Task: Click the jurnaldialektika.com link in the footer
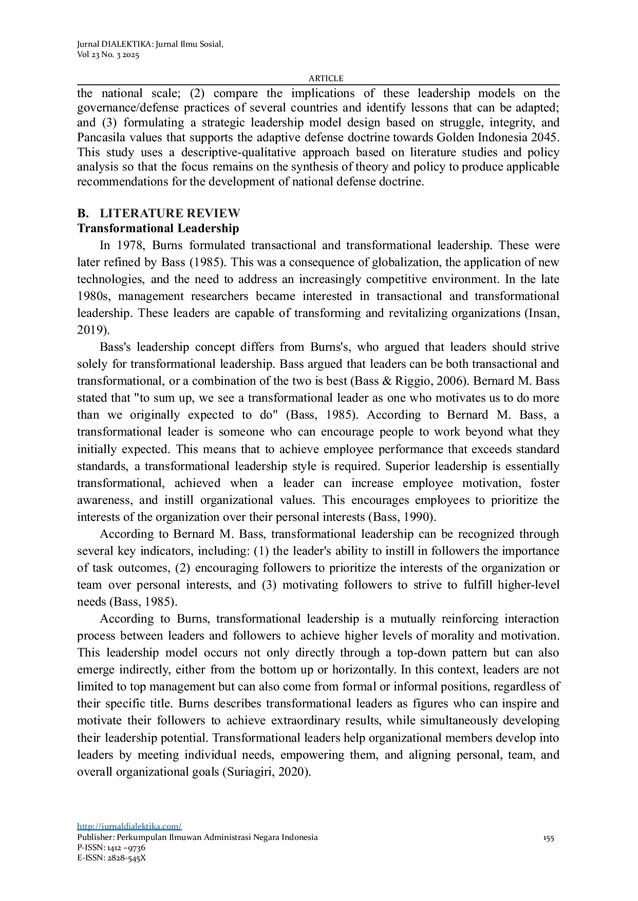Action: coord(129,826)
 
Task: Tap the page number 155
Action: coord(548,838)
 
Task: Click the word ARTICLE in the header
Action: coord(326,78)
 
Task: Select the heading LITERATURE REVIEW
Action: coord(170,213)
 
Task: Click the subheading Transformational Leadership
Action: coord(158,228)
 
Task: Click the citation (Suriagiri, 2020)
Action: coord(266,772)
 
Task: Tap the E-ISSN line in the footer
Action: coord(111,857)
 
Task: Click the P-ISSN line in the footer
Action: coord(111,848)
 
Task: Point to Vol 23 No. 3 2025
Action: coord(108,54)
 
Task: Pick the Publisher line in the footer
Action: coord(197,837)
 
